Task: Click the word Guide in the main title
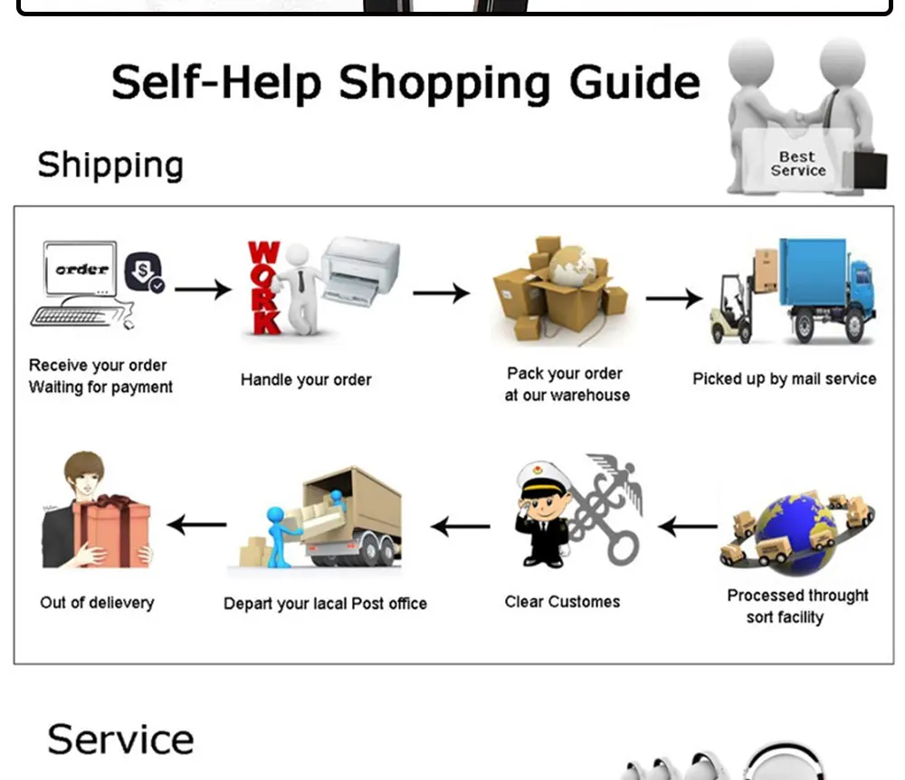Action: pyautogui.click(x=634, y=82)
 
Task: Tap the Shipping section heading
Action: pyautogui.click(x=110, y=166)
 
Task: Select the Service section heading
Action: pyautogui.click(x=120, y=739)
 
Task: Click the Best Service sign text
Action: pyautogui.click(x=797, y=164)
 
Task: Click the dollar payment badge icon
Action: pyautogui.click(x=144, y=271)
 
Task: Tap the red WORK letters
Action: pyautogui.click(x=264, y=288)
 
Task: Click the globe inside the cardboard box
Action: pyautogui.click(x=573, y=266)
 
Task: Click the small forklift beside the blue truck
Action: pyautogui.click(x=732, y=309)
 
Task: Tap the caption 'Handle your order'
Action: pyautogui.click(x=306, y=380)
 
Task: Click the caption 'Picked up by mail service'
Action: pyautogui.click(x=785, y=379)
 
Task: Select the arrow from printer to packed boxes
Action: pyautogui.click(x=442, y=293)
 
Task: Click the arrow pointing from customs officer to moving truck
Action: pyautogui.click(x=460, y=526)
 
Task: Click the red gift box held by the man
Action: pyautogui.click(x=112, y=531)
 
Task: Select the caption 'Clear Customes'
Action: pyautogui.click(x=562, y=602)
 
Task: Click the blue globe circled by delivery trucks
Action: pyautogui.click(x=795, y=533)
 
